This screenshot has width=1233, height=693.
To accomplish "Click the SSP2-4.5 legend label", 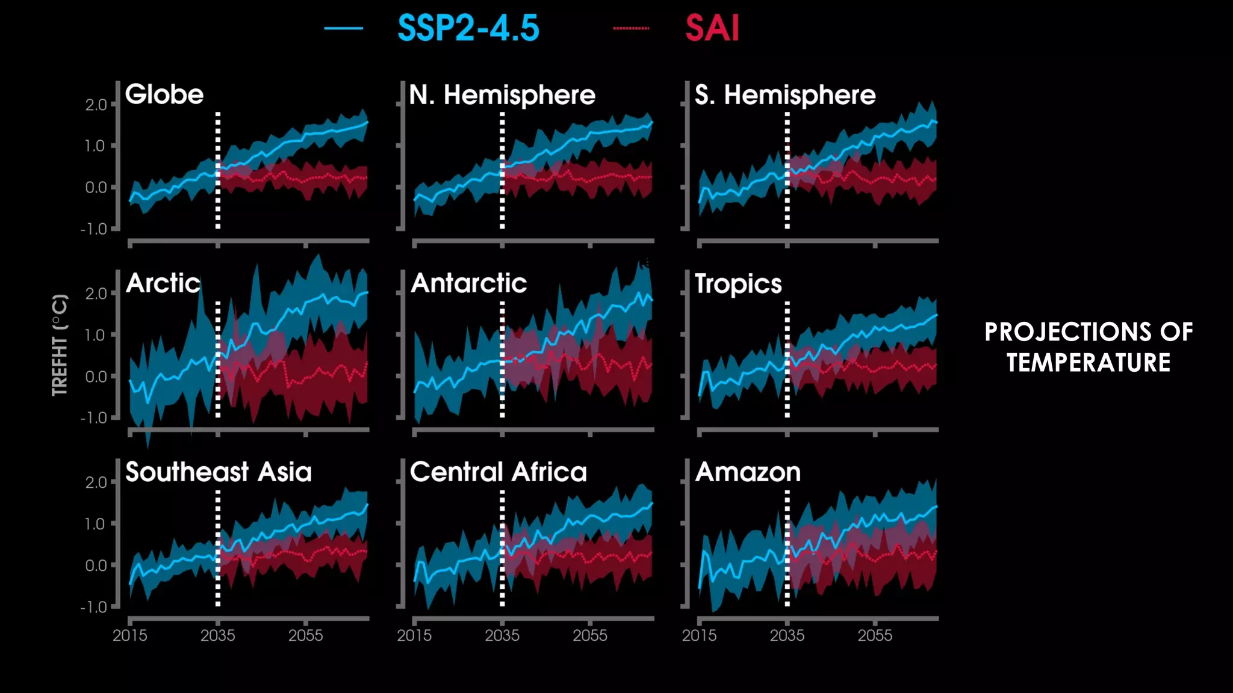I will coord(468,28).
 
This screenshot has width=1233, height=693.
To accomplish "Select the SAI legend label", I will coord(712,28).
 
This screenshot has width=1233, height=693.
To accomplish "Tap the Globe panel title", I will coord(164,94).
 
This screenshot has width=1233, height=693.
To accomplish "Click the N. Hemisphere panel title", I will coord(502,95).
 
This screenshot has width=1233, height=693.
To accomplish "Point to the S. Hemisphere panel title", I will coord(784,95).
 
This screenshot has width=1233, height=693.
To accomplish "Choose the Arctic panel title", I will coord(163,283).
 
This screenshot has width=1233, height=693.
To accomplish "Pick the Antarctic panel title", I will coord(468,283).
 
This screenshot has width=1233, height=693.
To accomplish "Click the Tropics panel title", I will coord(738,284).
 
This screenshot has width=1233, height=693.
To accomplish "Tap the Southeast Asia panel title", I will coord(218,472).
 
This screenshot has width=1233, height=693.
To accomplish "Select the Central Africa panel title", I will coord(498,472).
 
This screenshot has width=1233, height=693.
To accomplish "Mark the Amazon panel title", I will coord(747,472).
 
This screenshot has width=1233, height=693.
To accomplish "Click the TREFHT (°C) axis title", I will coord(60,345).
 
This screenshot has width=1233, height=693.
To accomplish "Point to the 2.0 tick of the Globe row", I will coord(96,105).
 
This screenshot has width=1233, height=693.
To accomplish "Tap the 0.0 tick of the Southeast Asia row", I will coord(96,565).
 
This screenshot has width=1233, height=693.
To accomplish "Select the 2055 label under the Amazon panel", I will coord(874,635).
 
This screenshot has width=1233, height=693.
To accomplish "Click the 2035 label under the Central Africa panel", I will coord(502,635).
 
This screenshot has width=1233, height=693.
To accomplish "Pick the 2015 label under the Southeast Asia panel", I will coord(129,635).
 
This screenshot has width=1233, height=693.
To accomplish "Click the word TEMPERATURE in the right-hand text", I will coord(1088,363).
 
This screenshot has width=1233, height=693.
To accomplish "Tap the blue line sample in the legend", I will coord(343,28).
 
